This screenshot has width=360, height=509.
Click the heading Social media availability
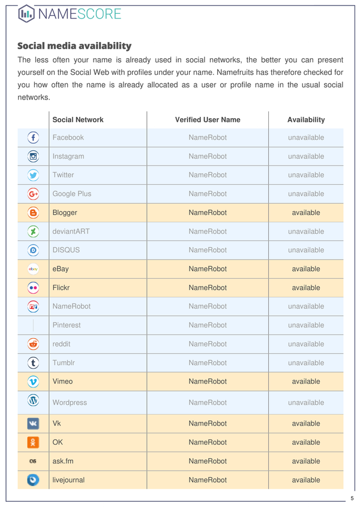click(x=74, y=46)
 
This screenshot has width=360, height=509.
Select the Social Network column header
click(x=78, y=120)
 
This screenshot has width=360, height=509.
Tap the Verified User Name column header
click(x=208, y=120)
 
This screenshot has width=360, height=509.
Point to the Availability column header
click(x=306, y=120)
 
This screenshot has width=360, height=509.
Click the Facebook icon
click(x=34, y=137)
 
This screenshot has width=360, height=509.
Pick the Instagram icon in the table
click(x=34, y=156)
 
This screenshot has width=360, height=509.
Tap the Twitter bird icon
click(x=34, y=175)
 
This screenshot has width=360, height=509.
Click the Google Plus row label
click(x=72, y=194)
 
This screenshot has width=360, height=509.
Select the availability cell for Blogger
click(x=306, y=213)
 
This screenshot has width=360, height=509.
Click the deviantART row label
click(x=71, y=231)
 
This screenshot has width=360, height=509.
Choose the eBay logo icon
click(x=34, y=269)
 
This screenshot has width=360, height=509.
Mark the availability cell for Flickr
click(x=306, y=288)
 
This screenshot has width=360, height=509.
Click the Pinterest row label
click(x=67, y=326)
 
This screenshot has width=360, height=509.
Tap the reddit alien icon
click(x=34, y=344)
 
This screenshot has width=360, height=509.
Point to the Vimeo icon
click(x=34, y=381)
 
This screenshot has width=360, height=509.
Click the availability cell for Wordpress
click(x=306, y=403)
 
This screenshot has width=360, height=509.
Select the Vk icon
click(x=34, y=424)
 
